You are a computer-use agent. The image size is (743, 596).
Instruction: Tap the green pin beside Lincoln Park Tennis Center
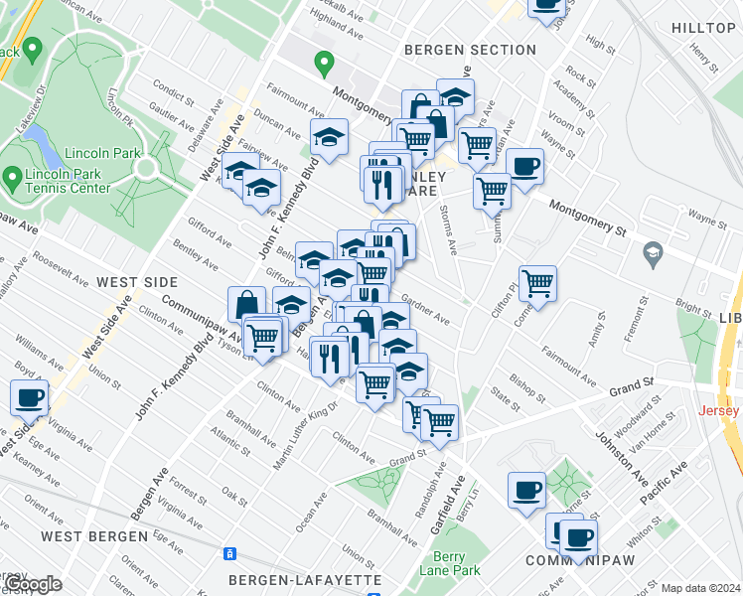(x=12, y=179)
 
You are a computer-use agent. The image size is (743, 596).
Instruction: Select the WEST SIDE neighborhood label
(x=130, y=283)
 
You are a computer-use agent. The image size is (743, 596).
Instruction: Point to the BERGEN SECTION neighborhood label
(x=470, y=50)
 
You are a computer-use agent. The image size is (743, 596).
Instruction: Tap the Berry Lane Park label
(x=456, y=563)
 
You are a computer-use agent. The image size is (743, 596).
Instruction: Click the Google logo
(x=31, y=584)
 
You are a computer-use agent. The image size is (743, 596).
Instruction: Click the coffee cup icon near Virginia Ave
(x=29, y=399)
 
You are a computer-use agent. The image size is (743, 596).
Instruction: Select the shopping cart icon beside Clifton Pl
(x=537, y=282)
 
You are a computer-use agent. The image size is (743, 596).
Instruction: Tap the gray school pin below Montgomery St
(x=652, y=250)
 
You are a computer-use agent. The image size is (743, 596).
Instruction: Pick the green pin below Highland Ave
(x=323, y=65)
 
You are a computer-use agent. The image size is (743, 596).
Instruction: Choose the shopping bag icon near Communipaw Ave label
(x=246, y=304)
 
